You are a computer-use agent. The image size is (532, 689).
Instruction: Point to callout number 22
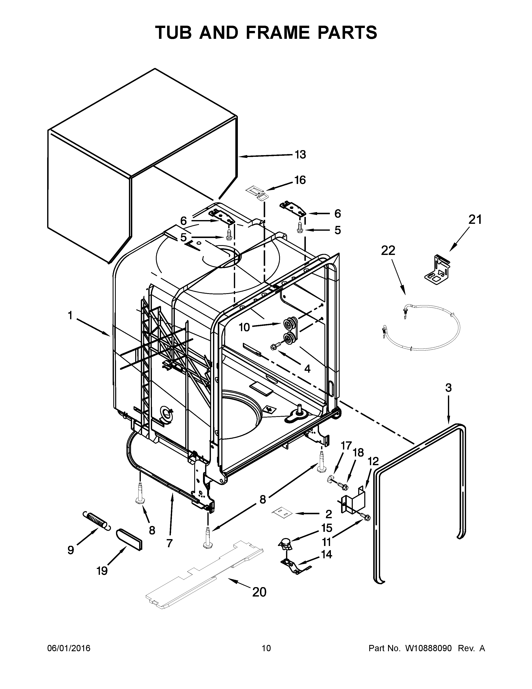tap(388, 251)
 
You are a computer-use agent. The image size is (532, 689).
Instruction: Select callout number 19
tap(102, 571)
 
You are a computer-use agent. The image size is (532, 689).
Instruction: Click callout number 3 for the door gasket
tap(449, 388)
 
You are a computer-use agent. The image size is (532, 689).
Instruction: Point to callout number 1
tap(70, 315)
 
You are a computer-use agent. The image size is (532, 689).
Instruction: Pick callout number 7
tap(170, 543)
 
